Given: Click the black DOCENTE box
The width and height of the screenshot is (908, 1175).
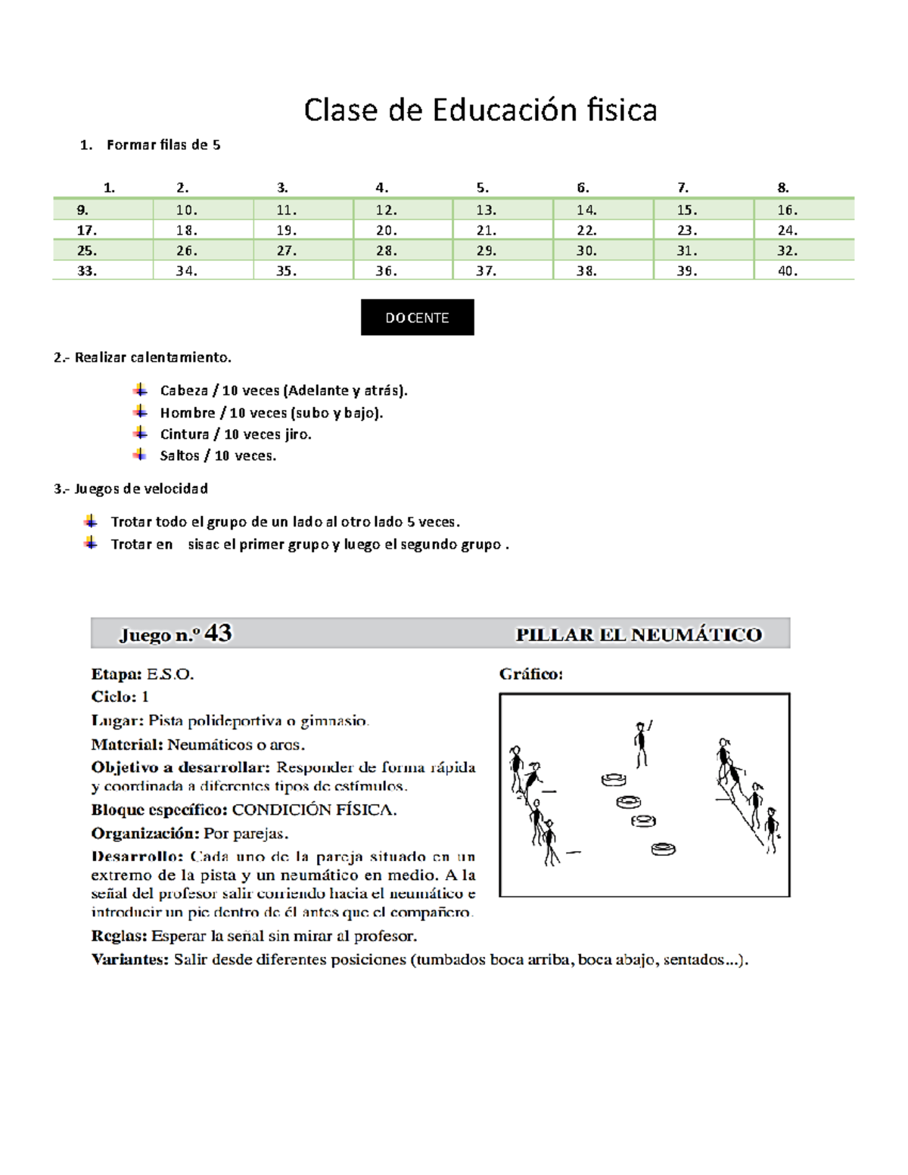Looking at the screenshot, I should point(417,317).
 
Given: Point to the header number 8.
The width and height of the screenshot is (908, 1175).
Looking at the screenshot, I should point(783,188).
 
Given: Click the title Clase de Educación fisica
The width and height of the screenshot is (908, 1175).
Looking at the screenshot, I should point(480,110).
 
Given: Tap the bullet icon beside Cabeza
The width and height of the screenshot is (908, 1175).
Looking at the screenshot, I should point(140,390).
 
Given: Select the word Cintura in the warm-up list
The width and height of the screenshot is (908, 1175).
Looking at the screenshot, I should point(185,434).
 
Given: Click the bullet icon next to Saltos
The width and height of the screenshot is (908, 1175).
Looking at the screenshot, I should point(140,455).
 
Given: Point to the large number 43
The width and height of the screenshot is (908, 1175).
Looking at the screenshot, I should point(218,633).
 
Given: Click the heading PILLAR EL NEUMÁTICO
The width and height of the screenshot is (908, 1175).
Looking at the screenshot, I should point(639,635).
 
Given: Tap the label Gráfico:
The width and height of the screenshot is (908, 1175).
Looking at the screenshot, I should point(530,674).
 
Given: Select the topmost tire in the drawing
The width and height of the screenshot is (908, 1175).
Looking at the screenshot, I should point(614,779).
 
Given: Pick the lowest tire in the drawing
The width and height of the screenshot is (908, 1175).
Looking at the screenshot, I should point(663,849).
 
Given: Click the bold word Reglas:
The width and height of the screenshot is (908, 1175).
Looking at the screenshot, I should point(119,936).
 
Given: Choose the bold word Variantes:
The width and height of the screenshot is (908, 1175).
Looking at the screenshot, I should point(129,959).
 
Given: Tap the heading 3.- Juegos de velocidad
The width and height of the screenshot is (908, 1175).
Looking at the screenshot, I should point(131,489).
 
